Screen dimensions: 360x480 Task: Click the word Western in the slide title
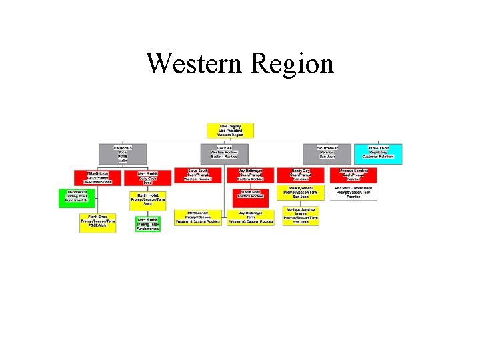point(194,64)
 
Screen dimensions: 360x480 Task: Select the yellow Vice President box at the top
point(231,131)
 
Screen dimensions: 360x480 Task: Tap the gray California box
point(123,153)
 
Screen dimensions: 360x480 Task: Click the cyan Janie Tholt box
point(378,153)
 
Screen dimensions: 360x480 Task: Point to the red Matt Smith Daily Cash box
point(147,177)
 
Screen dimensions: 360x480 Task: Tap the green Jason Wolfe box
point(77,197)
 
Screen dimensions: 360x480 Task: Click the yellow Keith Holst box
point(147,200)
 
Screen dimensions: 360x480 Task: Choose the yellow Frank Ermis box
point(98,223)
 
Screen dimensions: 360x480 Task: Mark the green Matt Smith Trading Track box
point(147,224)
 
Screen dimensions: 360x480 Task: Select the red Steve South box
point(197,175)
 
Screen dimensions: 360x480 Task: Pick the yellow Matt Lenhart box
point(197,218)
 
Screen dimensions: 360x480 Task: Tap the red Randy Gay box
point(301,175)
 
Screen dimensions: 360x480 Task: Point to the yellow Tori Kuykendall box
point(301,193)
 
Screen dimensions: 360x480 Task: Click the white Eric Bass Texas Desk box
point(353,193)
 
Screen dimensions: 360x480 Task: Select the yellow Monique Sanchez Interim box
point(301,215)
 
